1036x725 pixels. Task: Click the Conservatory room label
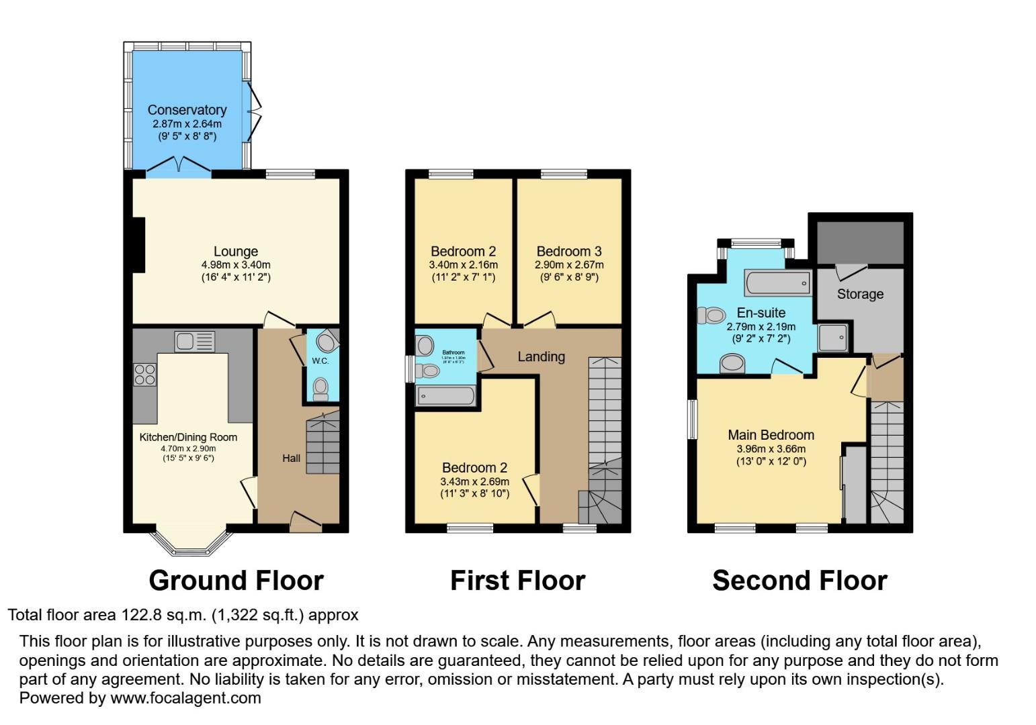(x=187, y=109)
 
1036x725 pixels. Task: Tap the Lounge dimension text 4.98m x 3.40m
(x=235, y=264)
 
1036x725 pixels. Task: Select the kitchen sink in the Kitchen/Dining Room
(x=194, y=341)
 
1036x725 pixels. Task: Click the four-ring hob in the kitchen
(x=145, y=374)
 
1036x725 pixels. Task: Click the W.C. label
(x=320, y=361)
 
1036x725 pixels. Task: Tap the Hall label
(x=291, y=458)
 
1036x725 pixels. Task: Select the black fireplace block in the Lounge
(x=138, y=245)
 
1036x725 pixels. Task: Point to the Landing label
(x=541, y=356)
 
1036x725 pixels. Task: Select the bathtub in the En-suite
(x=777, y=284)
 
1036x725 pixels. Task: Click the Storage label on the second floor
(x=860, y=294)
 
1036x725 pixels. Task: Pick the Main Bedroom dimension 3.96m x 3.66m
(x=771, y=449)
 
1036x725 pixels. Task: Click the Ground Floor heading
(x=236, y=580)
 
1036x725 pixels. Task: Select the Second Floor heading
(x=800, y=580)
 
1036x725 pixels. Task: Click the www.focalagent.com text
(x=185, y=697)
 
